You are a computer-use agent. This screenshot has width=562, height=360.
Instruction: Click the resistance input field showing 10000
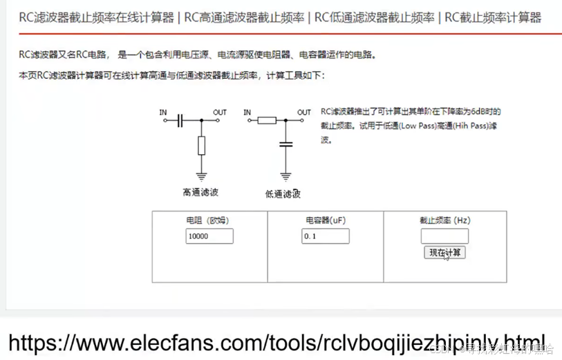[209, 236]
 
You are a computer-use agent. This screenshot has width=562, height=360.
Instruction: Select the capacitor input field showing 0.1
[325, 236]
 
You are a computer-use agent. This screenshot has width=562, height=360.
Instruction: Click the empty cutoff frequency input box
[444, 236]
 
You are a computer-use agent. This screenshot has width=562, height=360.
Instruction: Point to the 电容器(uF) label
[326, 220]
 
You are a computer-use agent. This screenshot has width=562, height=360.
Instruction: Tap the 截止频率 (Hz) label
[445, 220]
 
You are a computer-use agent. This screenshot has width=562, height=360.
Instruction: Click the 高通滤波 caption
[201, 193]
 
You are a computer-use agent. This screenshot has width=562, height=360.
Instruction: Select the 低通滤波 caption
[283, 194]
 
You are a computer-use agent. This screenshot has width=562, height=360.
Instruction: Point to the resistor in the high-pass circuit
[201, 145]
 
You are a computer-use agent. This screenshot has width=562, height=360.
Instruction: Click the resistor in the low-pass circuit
[266, 120]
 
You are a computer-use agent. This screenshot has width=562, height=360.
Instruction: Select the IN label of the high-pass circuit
[163, 112]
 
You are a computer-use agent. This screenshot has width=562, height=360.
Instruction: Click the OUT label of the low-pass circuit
[303, 112]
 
